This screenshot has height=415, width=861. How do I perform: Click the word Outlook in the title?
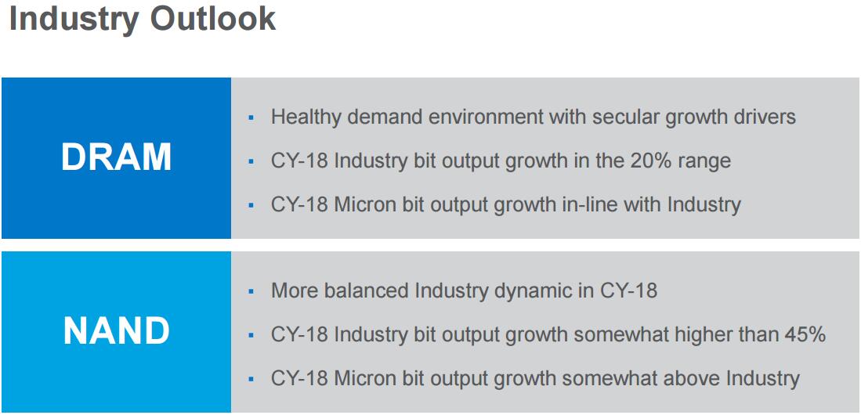pyautogui.click(x=212, y=19)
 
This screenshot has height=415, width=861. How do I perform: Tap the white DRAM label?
pyautogui.click(x=117, y=157)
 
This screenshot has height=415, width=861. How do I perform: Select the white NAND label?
pyautogui.click(x=117, y=331)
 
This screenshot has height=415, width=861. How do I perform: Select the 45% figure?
pyautogui.click(x=803, y=334)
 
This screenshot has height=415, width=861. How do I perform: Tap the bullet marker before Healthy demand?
pyautogui.click(x=251, y=117)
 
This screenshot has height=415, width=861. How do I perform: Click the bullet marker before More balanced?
pyautogui.click(x=251, y=291)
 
